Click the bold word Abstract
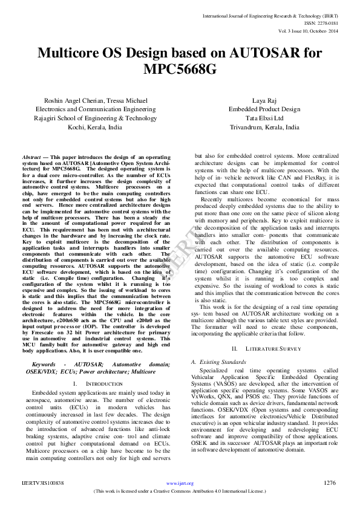click(31, 156)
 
